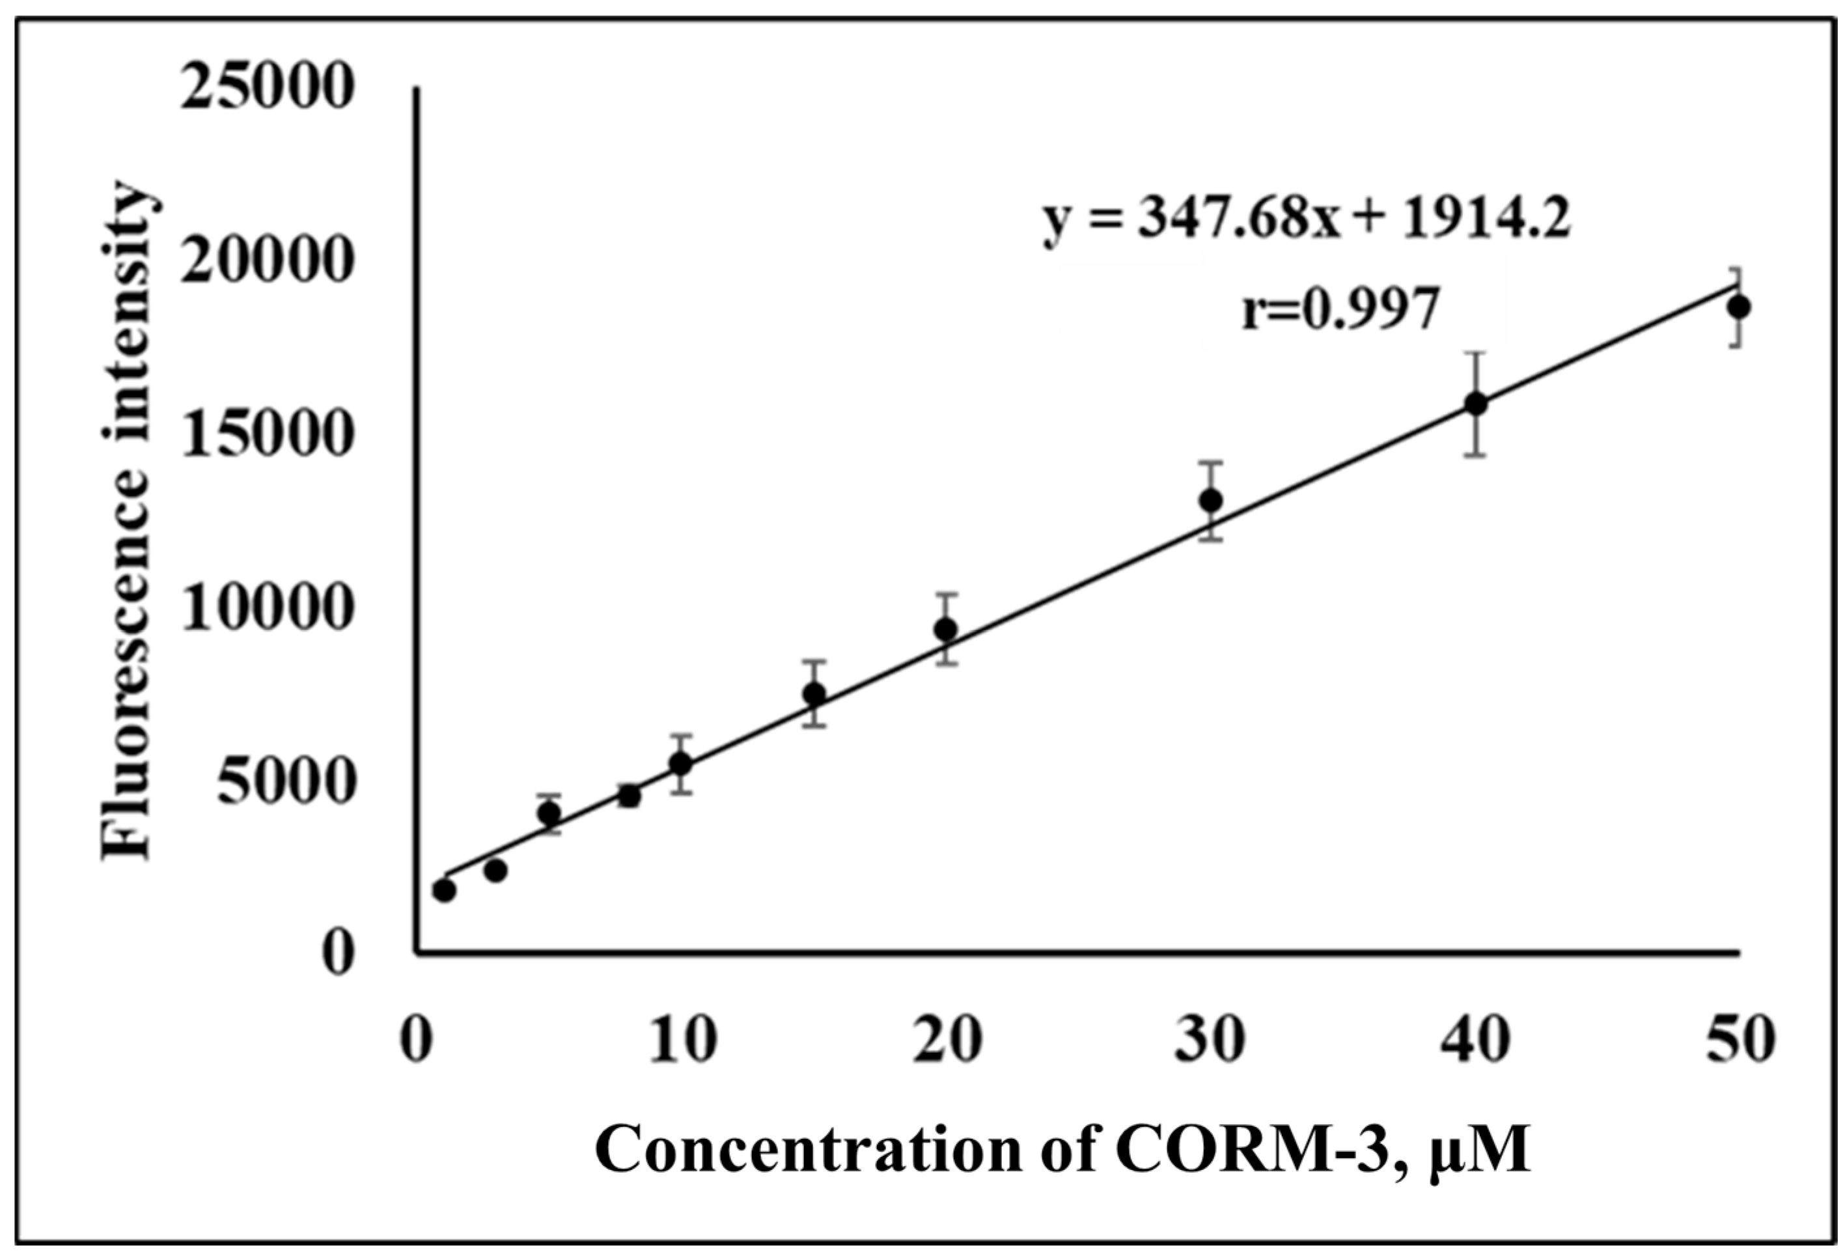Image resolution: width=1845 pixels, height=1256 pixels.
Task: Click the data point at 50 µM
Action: tap(1740, 307)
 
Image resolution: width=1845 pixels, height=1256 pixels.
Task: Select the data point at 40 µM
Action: tap(1476, 403)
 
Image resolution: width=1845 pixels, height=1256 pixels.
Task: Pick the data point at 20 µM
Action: tap(945, 629)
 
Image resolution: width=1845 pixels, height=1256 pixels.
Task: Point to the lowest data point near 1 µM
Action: tap(445, 891)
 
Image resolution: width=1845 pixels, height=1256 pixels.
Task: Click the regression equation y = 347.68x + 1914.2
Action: tap(1307, 221)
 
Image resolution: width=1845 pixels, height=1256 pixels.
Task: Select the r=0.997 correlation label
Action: tap(1340, 311)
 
